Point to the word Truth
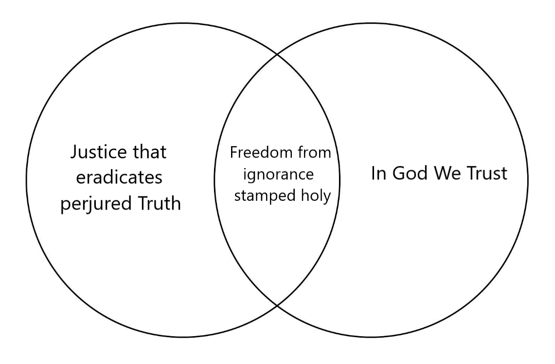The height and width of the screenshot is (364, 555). [x=157, y=203]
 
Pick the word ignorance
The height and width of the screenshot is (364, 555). [x=280, y=174]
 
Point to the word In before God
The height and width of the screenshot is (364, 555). [x=377, y=174]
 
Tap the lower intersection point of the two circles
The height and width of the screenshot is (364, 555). [x=277, y=306]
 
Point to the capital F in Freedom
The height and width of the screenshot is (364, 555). [x=233, y=153]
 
